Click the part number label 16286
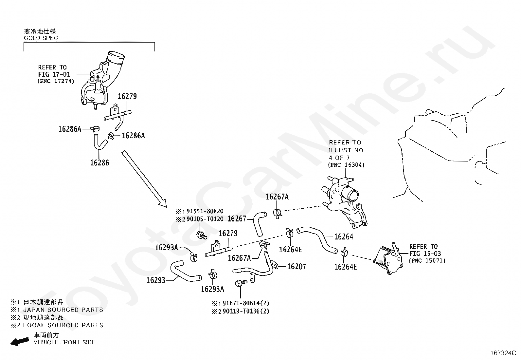click(x=99, y=163)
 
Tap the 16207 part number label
click(x=296, y=267)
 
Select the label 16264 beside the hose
click(x=344, y=237)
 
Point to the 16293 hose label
click(x=156, y=280)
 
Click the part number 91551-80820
click(x=205, y=211)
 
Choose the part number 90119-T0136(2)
click(x=246, y=311)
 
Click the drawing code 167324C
click(x=503, y=353)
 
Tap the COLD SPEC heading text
click(x=41, y=38)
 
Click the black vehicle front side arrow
click(x=20, y=342)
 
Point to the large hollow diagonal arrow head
click(x=163, y=203)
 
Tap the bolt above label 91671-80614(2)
click(x=241, y=283)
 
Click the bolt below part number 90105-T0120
click(x=201, y=235)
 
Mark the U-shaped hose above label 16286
click(x=100, y=142)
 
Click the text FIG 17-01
click(x=54, y=74)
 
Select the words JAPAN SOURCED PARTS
click(x=63, y=310)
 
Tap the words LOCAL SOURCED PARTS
click(x=63, y=325)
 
